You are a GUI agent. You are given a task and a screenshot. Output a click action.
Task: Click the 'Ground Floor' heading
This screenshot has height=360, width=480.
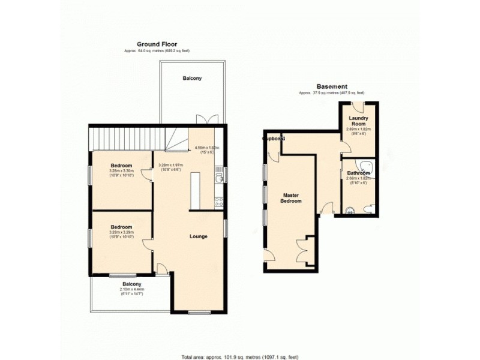point(157,44)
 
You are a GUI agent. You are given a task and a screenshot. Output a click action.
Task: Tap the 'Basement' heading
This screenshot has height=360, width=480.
point(331,86)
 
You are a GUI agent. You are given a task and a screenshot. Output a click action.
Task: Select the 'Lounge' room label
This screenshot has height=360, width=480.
point(198,236)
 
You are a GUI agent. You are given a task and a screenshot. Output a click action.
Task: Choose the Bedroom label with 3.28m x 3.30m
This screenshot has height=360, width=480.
point(121,165)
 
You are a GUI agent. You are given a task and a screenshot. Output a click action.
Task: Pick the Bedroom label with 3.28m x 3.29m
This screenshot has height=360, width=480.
point(121,227)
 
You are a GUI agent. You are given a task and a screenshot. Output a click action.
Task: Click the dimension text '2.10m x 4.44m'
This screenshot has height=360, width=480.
point(132,290)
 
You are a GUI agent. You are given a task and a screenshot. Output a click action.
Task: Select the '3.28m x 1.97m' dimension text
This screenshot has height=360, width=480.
point(170,165)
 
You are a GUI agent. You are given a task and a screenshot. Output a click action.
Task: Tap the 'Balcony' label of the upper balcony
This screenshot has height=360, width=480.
point(192,78)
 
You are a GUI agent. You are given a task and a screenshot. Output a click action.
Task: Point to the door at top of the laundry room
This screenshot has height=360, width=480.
point(359,107)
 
